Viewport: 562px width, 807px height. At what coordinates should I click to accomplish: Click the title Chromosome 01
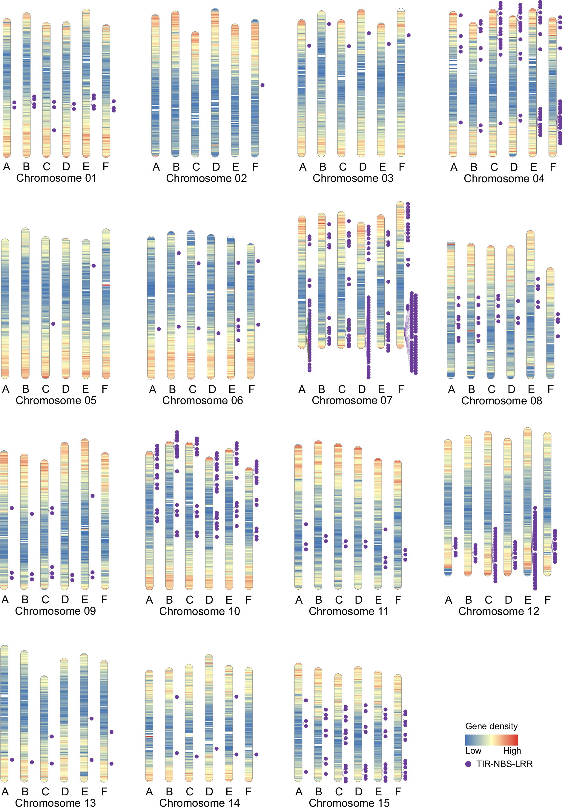coord(56,178)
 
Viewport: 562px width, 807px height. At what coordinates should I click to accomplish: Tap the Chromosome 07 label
coord(352,400)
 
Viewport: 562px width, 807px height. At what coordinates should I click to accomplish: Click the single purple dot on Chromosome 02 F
coord(262,85)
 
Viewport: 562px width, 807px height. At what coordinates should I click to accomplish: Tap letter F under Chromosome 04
coord(552,167)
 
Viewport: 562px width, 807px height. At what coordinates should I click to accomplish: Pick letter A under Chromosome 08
coord(452,389)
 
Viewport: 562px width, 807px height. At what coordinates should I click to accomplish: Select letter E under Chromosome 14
coord(229,791)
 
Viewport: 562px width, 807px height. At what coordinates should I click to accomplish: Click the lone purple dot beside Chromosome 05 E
coord(93,266)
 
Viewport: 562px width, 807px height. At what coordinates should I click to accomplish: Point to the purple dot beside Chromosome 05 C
coord(53,324)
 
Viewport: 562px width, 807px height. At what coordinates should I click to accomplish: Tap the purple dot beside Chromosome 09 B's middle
coord(32,514)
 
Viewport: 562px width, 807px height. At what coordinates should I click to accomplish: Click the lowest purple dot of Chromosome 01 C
coord(54,130)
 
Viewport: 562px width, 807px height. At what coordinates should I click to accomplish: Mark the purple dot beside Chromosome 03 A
coord(309,46)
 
